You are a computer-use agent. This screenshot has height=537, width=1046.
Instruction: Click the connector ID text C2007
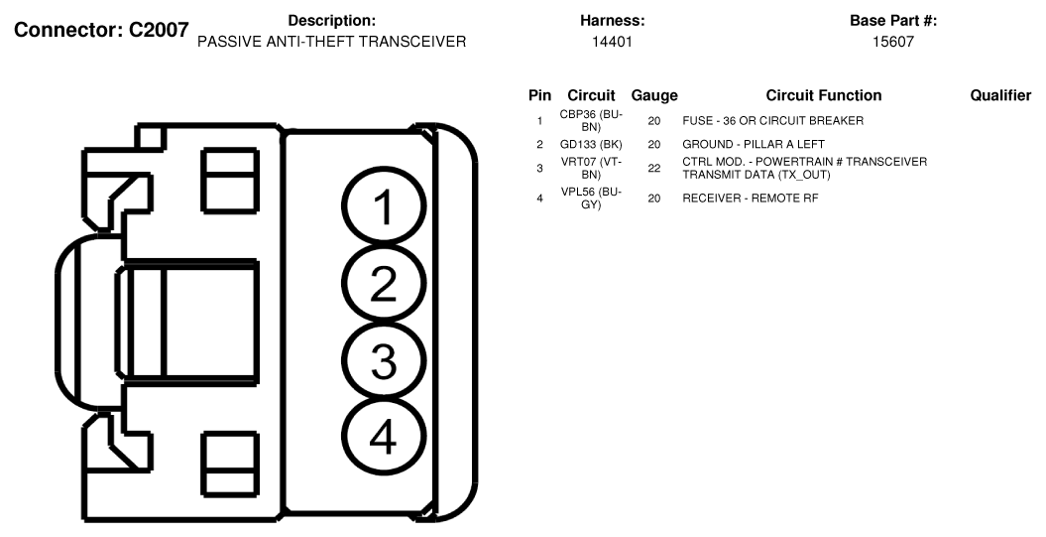click(x=159, y=30)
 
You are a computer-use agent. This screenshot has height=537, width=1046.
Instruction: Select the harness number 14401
click(x=612, y=42)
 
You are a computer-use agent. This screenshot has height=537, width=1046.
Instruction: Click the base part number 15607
click(x=893, y=42)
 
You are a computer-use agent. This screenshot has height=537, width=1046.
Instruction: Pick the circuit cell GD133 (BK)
click(x=591, y=144)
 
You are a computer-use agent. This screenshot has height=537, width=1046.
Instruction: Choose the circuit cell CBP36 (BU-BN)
click(x=591, y=121)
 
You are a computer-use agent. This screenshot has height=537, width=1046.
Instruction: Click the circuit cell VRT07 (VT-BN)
click(x=591, y=169)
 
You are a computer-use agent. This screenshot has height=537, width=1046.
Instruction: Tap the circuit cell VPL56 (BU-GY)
click(x=591, y=199)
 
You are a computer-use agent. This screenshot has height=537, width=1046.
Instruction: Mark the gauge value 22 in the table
click(x=653, y=169)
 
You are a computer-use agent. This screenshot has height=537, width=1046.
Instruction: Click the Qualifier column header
click(x=1000, y=95)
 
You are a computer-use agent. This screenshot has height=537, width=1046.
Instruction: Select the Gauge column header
click(x=654, y=96)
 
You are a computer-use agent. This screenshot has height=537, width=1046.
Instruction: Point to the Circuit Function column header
click(x=824, y=95)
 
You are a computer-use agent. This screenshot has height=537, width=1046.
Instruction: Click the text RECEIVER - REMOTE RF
click(x=751, y=199)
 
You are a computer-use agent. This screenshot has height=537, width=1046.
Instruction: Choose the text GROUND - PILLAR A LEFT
click(x=754, y=144)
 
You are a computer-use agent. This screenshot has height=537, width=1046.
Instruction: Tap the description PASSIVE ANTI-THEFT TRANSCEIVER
click(x=331, y=42)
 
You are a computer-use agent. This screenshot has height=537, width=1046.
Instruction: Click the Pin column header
click(x=539, y=95)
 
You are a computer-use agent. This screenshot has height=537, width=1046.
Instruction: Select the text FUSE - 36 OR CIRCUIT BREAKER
click(x=773, y=121)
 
